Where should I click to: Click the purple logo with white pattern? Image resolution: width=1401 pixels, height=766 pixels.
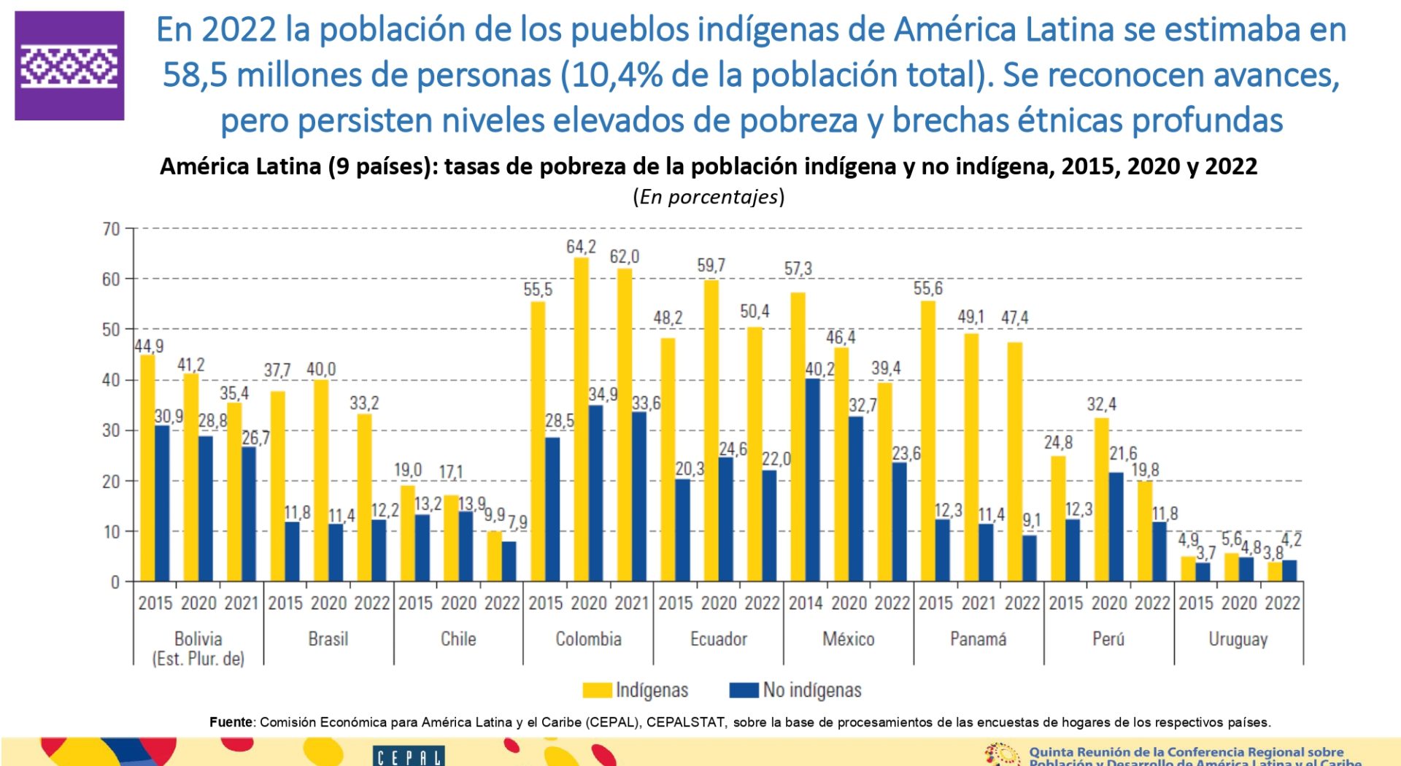69,66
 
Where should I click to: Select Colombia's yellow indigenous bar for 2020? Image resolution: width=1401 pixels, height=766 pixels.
581,419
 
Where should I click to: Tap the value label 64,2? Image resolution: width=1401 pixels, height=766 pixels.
581,247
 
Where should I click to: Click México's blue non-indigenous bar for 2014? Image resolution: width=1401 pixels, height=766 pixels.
812,480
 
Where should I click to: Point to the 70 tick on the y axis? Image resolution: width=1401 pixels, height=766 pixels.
111,229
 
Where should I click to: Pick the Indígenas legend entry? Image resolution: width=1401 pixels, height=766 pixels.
635,690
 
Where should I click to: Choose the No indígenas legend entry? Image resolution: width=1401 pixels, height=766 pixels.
795,690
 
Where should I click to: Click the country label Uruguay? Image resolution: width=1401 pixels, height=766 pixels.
1238,639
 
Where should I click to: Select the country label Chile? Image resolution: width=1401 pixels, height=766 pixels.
458,639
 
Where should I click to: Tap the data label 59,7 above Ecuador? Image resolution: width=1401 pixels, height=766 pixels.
711,266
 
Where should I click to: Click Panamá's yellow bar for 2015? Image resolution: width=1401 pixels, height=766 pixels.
927,441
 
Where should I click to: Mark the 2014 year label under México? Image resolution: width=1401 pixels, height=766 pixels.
806,603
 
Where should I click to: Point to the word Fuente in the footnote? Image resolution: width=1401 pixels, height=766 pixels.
231,722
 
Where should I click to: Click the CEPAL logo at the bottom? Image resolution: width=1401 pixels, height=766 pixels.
408,757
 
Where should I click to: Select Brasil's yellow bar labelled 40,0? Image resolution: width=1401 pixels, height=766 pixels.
321,480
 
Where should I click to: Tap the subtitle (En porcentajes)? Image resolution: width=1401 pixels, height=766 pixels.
709,197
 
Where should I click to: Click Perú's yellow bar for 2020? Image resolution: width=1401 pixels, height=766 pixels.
1101,500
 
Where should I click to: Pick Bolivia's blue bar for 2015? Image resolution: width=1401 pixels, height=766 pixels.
162,503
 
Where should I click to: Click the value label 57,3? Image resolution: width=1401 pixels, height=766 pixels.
798,269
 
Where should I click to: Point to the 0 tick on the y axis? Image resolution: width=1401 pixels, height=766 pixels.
115,582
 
